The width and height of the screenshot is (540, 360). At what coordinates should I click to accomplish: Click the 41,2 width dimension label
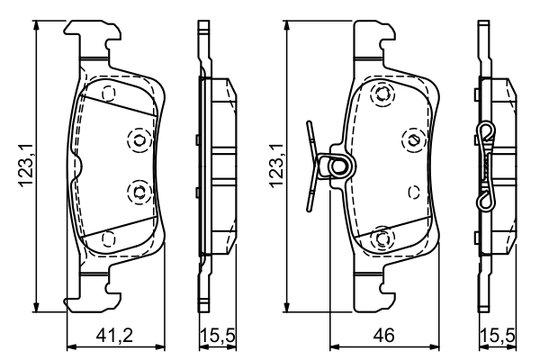pyautogui.click(x=115, y=337)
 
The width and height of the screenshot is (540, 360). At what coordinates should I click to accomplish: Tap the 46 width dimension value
pyautogui.click(x=384, y=337)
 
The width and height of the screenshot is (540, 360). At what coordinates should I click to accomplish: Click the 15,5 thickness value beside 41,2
pyautogui.click(x=217, y=337)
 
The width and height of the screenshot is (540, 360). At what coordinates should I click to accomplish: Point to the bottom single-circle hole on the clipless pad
pyautogui.click(x=109, y=238)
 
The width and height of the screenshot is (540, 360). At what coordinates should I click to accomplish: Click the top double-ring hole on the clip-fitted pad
pyautogui.click(x=382, y=93)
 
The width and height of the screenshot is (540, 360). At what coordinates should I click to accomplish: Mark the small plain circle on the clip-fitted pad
pyautogui.click(x=413, y=192)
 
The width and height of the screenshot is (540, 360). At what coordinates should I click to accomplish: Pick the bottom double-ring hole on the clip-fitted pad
pyautogui.click(x=382, y=238)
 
